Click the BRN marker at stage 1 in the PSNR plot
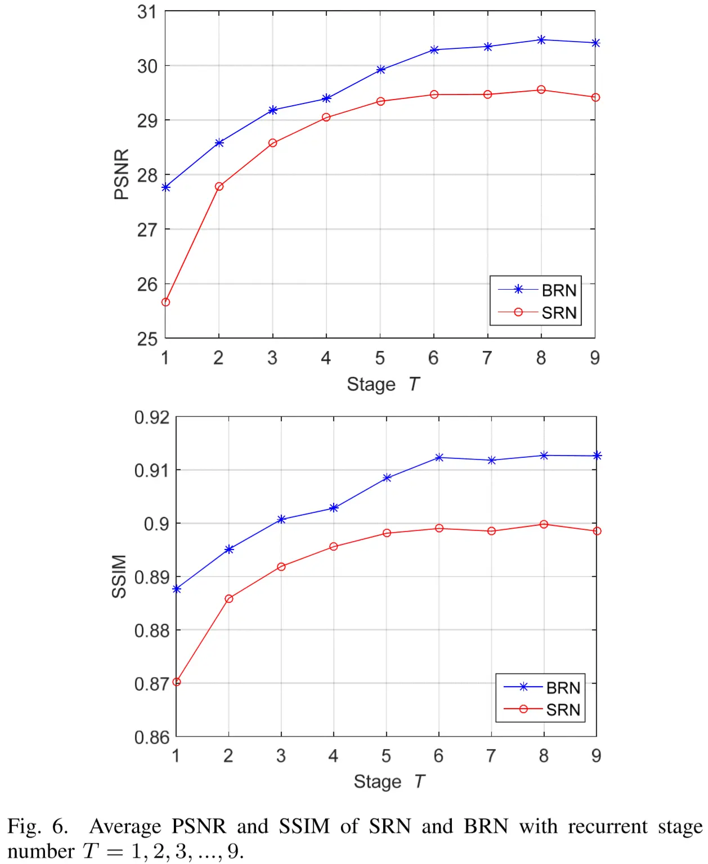tap(165, 187)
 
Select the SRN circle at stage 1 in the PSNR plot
tap(165, 302)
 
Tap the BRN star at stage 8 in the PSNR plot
tap(541, 40)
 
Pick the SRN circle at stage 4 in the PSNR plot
tap(326, 117)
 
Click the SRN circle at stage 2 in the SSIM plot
tap(228, 598)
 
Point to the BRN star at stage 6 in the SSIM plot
tap(439, 457)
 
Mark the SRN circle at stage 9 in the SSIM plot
tap(597, 531)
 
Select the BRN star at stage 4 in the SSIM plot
tap(334, 508)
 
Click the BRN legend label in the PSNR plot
tap(559, 290)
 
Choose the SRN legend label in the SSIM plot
tap(563, 710)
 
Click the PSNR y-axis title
tap(122, 174)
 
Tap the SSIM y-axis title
tap(119, 576)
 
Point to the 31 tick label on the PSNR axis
tap(147, 12)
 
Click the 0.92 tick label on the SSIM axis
tap(151, 417)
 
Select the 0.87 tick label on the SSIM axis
tap(151, 684)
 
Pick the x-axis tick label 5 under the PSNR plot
tap(380, 358)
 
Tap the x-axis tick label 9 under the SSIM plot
tap(597, 755)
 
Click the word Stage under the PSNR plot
tap(371, 384)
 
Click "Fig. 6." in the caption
tap(37, 826)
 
